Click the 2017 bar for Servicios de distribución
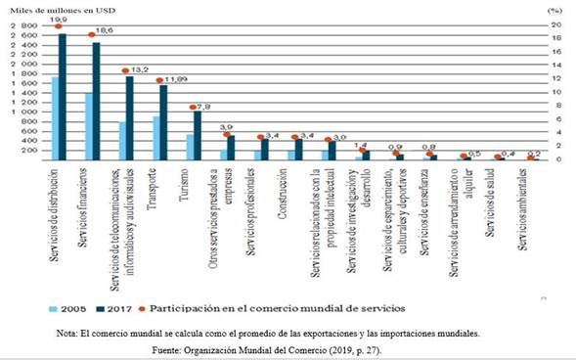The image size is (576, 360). click(63, 98)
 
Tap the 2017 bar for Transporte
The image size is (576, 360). click(163, 122)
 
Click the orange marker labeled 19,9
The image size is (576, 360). click(58, 26)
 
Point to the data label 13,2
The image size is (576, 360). click(139, 69)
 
